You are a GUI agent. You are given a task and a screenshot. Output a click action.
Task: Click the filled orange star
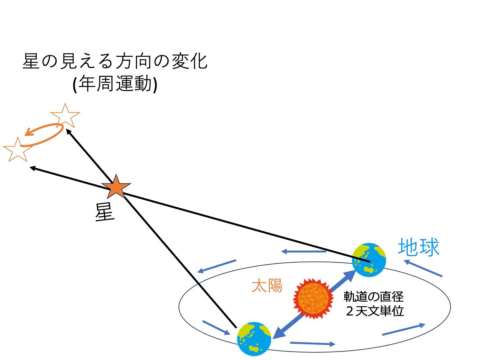[x=116, y=187]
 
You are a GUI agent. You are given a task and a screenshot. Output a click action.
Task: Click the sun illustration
[x=313, y=299]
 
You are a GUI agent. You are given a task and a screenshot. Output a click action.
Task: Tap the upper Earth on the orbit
[x=369, y=260]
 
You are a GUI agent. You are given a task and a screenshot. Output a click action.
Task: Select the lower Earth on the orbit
[x=254, y=339]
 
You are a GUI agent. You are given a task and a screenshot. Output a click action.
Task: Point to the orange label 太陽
[x=267, y=285]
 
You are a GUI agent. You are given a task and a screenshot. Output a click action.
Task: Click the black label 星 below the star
[x=105, y=212]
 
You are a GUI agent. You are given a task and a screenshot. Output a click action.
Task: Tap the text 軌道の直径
[x=373, y=297]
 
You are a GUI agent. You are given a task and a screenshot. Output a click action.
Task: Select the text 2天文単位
[x=375, y=311]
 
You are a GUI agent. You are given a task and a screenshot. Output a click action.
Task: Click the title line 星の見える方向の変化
[x=115, y=61]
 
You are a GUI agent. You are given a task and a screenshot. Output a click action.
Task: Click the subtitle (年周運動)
[x=115, y=84]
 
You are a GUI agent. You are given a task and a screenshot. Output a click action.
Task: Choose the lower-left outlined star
[x=18, y=149]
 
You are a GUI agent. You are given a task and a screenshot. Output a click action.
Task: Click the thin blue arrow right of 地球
[x=423, y=268]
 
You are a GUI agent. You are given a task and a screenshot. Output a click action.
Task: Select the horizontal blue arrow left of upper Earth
[x=304, y=252]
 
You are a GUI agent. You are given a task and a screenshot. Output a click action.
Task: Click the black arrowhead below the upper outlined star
[x=68, y=132]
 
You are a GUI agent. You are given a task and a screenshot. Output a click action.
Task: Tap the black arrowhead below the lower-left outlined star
[x=32, y=168]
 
